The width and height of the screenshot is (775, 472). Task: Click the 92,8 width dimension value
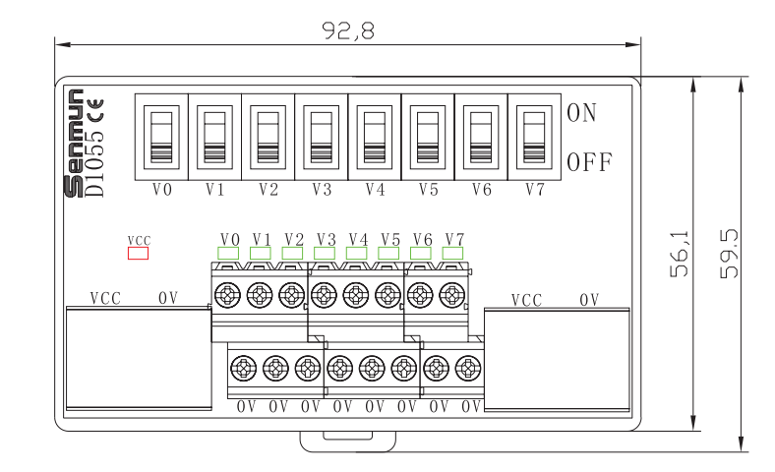(x=348, y=30)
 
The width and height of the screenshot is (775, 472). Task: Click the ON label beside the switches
(x=581, y=112)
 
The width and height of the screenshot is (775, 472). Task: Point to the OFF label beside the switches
(x=589, y=161)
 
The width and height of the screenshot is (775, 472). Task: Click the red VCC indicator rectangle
(x=139, y=253)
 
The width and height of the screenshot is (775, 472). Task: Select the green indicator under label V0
(x=228, y=254)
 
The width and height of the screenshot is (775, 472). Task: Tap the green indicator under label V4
(x=356, y=254)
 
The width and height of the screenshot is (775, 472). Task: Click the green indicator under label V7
(x=452, y=254)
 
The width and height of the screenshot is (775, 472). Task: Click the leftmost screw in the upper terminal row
(x=228, y=292)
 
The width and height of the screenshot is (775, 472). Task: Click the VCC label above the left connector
(x=105, y=298)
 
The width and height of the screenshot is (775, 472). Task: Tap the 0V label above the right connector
(x=589, y=299)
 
